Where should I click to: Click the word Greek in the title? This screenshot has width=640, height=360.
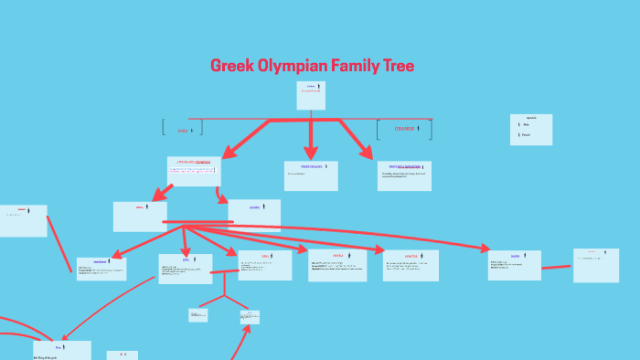(x=229, y=66)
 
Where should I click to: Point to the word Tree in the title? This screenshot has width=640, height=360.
(x=400, y=66)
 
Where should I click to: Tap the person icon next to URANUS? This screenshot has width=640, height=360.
(x=418, y=129)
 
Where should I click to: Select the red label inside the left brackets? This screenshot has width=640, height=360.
(x=182, y=131)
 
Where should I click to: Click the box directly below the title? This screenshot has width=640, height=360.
(x=311, y=95)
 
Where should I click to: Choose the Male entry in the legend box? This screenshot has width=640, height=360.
(x=526, y=125)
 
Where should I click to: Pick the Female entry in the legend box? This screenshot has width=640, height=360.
(x=526, y=135)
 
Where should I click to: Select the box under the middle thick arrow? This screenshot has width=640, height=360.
(x=311, y=175)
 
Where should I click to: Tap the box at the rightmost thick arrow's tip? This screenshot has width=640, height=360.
(x=404, y=175)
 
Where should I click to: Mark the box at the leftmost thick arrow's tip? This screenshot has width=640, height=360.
(x=194, y=171)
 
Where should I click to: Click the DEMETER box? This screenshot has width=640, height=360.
(x=411, y=265)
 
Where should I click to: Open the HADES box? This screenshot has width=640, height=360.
(x=514, y=265)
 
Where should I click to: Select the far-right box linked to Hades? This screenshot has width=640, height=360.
(x=596, y=265)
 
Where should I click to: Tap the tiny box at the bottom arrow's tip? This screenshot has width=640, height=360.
(x=250, y=317)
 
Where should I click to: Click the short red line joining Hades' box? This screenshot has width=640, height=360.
(x=556, y=267)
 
